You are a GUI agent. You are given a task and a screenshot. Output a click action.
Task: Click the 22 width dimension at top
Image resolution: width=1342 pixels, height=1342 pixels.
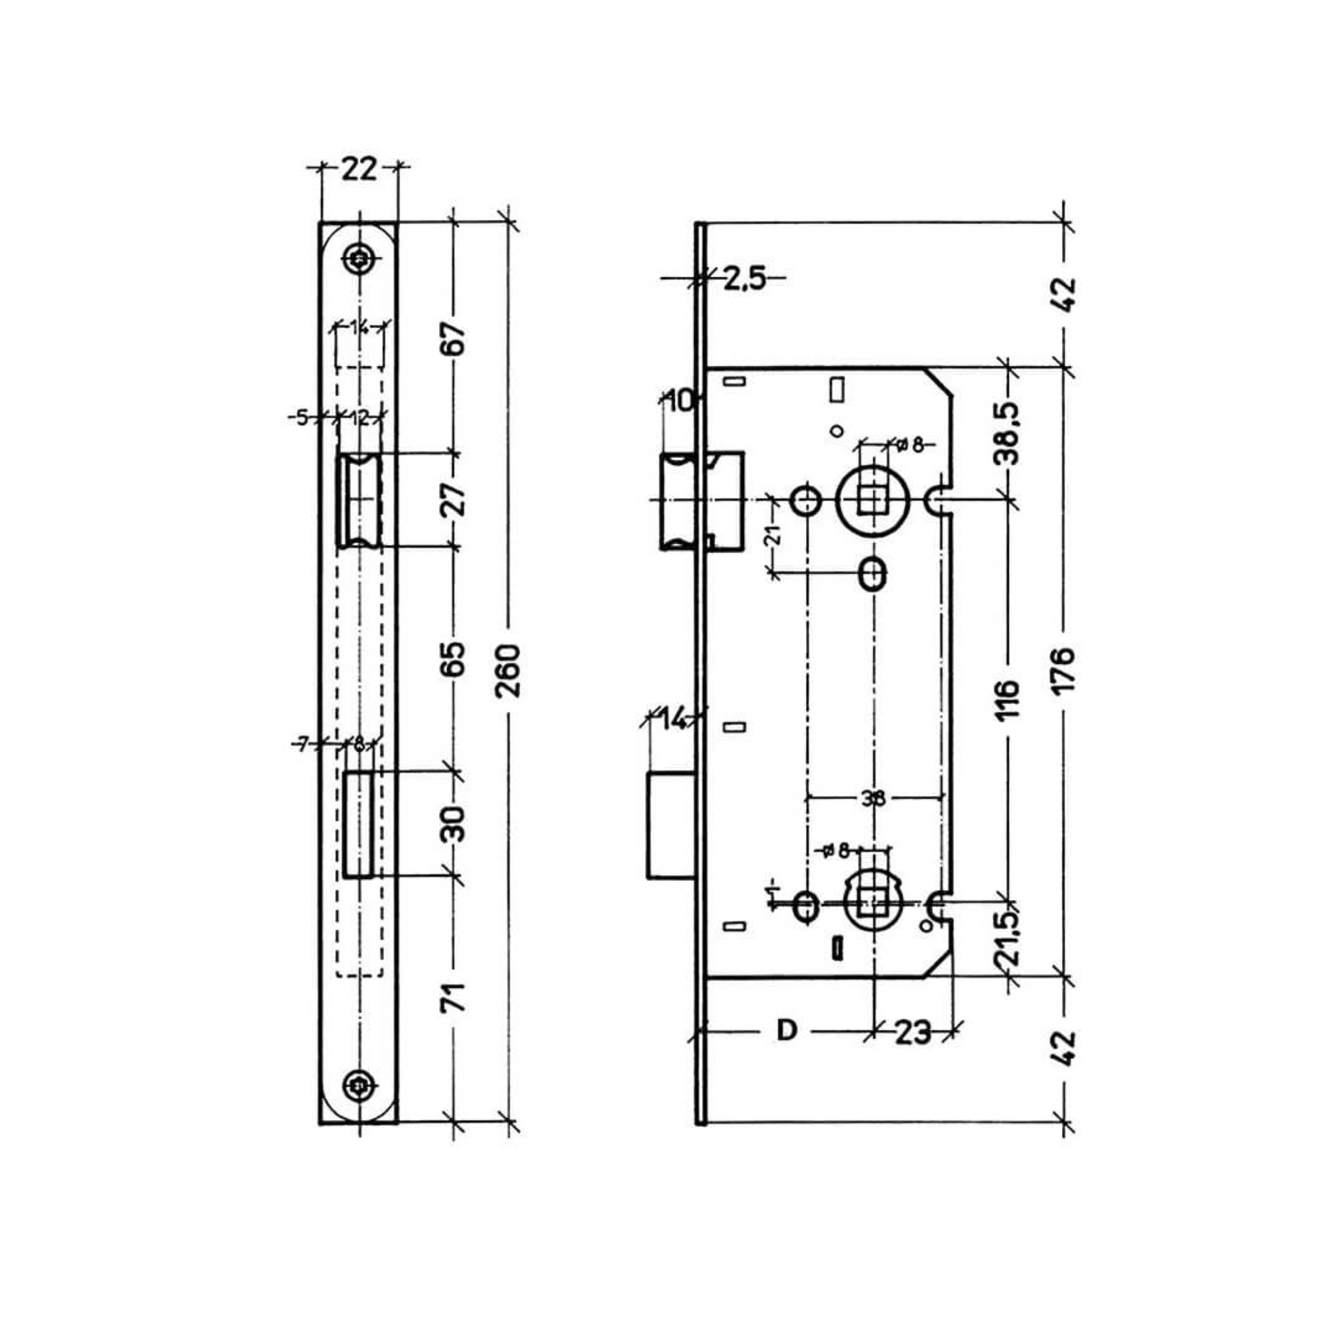359,169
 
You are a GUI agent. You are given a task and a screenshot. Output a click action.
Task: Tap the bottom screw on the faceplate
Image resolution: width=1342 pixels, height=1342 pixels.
360,1084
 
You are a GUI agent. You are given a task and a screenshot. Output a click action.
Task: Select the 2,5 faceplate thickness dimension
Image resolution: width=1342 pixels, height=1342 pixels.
744,278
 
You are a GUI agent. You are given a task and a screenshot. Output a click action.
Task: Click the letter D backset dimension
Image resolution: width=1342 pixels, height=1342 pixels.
786,1030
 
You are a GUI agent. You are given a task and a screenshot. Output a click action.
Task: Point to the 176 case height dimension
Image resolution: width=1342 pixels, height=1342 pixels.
1064,669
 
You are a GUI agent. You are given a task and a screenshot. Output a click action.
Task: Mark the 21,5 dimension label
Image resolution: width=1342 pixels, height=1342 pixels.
1006,938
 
